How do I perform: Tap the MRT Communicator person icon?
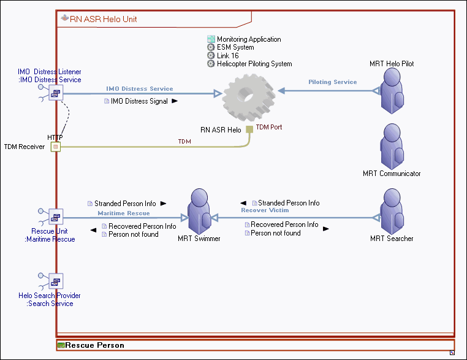tap(391, 147)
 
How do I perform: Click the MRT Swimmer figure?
tap(199, 212)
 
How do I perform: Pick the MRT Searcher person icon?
tap(391, 212)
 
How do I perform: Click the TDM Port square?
tap(249, 129)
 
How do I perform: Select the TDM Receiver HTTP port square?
tap(56, 147)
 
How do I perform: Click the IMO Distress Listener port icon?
tap(56, 93)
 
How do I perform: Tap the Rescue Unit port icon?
tap(56, 216)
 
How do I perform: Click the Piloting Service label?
tap(332, 82)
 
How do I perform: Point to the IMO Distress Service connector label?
tap(140, 88)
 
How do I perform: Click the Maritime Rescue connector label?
tap(124, 213)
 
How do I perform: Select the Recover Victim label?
tap(265, 210)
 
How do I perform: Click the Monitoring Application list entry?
tap(249, 39)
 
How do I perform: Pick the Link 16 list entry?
tap(227, 56)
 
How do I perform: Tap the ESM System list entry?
tap(235, 47)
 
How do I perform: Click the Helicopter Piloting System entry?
tap(254, 64)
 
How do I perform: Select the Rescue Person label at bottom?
tap(94, 345)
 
